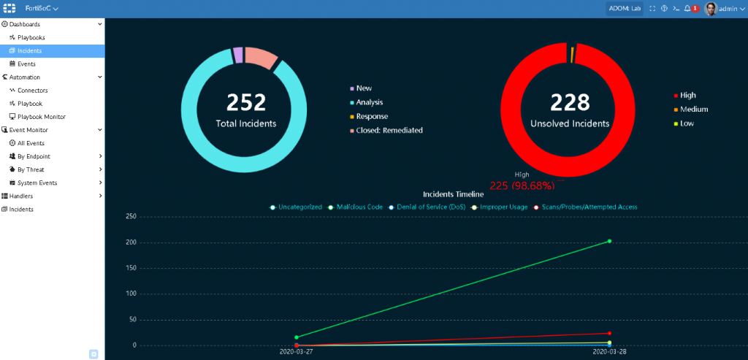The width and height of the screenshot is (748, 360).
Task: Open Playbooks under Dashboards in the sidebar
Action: pos(31,37)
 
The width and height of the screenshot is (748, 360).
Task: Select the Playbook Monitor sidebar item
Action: pos(41,117)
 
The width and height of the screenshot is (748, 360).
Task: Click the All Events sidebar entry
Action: pos(31,143)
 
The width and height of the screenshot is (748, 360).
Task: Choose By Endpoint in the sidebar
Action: pos(34,156)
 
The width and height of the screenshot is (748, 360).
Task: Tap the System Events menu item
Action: pos(37,183)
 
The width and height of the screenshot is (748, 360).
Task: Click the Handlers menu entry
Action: pos(20,196)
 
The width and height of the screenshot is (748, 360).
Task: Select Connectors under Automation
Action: pos(32,91)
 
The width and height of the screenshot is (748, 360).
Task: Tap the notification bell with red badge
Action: pos(687,9)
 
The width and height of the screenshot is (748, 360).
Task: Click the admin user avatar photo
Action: pos(710,9)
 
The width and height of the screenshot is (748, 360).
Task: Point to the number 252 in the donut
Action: pos(246,102)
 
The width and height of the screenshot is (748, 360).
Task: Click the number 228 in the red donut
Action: pos(570,102)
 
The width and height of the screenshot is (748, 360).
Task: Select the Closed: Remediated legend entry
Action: pos(389,131)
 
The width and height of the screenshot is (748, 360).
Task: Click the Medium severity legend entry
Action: pos(693,110)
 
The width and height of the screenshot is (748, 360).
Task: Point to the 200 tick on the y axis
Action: pos(131,242)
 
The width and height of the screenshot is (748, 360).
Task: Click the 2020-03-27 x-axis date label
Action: pos(297,352)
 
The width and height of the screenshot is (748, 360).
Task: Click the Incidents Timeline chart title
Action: pos(453,194)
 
